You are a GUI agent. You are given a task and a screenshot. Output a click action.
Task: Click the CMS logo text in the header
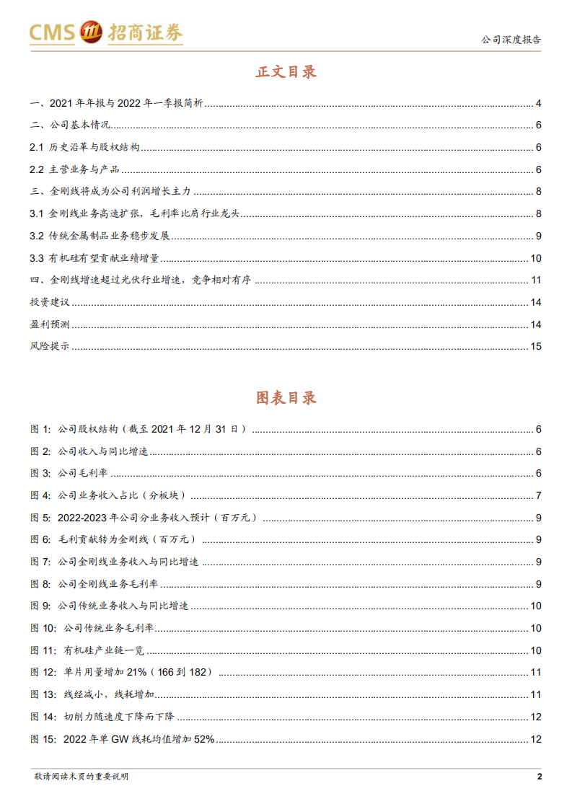(x=52, y=32)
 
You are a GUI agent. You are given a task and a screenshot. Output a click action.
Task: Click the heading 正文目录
(x=286, y=71)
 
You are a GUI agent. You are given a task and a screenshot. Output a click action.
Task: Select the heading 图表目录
(x=286, y=397)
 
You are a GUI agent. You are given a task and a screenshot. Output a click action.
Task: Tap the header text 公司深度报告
(x=511, y=40)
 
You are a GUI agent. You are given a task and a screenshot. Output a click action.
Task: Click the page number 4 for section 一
(x=538, y=103)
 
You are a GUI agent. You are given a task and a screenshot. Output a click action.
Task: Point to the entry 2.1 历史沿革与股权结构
(x=85, y=148)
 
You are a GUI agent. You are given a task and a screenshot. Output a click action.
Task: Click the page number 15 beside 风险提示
(x=535, y=346)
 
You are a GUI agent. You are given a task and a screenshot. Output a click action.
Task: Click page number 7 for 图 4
(x=538, y=495)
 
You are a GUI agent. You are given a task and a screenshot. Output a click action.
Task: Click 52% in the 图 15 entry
(x=203, y=739)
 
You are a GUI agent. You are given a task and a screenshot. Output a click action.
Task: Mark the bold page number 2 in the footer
(x=539, y=777)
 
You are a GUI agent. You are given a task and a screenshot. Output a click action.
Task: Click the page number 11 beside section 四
(x=535, y=280)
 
